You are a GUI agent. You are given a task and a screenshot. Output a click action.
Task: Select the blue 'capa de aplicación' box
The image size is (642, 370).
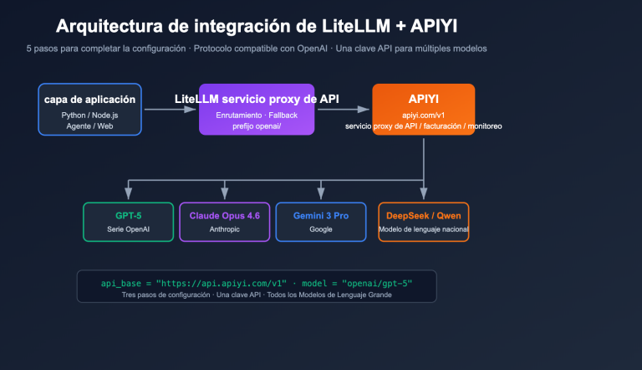tap(89, 109)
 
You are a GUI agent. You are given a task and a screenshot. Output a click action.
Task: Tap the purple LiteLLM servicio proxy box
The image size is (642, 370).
tap(257, 110)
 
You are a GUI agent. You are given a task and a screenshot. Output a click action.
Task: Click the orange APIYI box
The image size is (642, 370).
tap(423, 109)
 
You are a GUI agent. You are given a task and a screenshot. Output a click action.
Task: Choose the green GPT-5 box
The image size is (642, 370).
tap(128, 221)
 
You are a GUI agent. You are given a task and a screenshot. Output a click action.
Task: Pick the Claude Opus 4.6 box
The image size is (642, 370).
tap(224, 221)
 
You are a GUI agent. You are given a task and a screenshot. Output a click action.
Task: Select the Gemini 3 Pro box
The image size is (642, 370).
tap(320, 221)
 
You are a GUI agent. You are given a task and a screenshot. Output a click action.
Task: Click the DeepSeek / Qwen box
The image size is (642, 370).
tap(423, 221)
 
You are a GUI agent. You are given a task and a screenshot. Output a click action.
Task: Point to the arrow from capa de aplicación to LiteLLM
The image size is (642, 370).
tap(170, 109)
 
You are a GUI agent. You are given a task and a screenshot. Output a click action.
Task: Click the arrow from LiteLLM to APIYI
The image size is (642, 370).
tap(344, 109)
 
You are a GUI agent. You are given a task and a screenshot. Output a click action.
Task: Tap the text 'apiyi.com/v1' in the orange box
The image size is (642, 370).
tap(423, 114)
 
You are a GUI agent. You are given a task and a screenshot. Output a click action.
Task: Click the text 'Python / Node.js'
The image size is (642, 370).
tap(89, 114)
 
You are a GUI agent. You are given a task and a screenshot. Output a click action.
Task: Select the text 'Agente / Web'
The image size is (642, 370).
tap(89, 126)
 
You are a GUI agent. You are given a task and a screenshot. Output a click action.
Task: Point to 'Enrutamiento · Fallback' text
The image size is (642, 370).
tap(257, 113)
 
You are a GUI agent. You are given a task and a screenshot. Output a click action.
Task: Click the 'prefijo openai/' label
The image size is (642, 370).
tap(257, 126)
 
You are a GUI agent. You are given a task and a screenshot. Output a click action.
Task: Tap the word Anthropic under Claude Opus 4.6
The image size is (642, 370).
tap(224, 229)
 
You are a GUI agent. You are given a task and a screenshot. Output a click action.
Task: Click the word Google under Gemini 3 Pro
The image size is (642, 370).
tap(320, 229)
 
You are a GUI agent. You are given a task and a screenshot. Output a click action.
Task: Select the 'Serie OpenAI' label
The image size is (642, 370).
tap(128, 229)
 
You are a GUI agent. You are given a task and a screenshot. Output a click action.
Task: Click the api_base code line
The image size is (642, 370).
tap(256, 283)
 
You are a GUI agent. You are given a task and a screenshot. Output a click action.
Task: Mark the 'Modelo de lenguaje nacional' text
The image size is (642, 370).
tap(423, 229)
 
